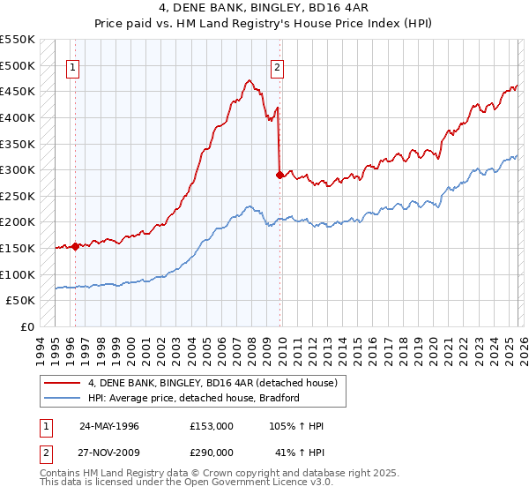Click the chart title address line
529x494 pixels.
pyautogui.click(x=264, y=9)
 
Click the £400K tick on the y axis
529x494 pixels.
pyautogui.click(x=17, y=117)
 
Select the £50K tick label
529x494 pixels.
pyautogui.click(x=20, y=301)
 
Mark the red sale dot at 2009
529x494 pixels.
pyautogui.click(x=280, y=175)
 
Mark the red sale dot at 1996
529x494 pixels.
pyautogui.click(x=76, y=246)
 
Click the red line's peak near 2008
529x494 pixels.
pyautogui.click(x=250, y=80)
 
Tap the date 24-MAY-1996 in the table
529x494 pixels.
pyautogui.click(x=109, y=426)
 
